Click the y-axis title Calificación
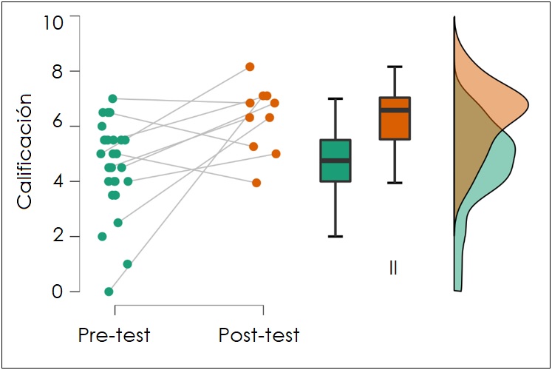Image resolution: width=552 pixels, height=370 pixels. tap(24, 151)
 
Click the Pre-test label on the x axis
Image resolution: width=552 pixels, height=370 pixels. tap(115, 335)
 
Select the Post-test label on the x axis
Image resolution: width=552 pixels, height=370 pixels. tap(259, 335)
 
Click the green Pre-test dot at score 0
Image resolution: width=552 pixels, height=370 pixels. tap(109, 292)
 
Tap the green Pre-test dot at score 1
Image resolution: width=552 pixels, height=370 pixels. tap(127, 264)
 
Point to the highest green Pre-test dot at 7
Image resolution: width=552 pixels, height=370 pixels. tap(112, 98)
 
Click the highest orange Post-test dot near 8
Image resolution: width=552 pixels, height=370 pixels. tap(250, 67)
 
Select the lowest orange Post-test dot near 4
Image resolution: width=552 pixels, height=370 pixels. tap(256, 183)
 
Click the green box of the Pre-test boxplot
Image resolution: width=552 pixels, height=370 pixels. tap(335, 161)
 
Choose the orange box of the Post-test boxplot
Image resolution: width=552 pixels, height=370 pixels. tap(394, 118)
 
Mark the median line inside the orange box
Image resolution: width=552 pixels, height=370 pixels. tap(394, 110)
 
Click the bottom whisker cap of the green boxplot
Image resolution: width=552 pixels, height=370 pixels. tap(335, 237)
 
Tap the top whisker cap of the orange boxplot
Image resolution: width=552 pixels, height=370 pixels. tap(394, 67)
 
